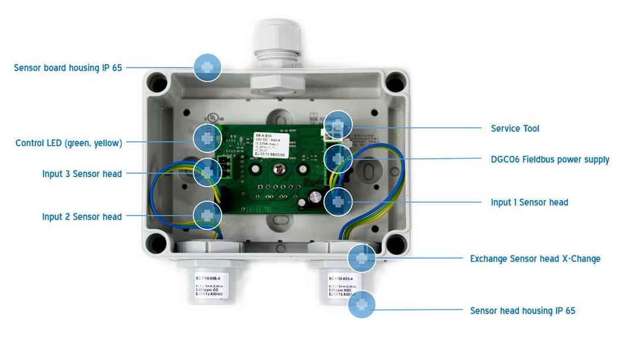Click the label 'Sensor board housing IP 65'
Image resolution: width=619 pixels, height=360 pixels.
(68, 68)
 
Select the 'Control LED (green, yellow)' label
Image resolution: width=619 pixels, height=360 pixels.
(69, 143)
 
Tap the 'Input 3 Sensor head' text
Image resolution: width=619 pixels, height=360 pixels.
(82, 174)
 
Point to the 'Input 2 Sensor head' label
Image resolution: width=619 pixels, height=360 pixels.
(82, 216)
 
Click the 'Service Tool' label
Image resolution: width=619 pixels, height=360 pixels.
(515, 128)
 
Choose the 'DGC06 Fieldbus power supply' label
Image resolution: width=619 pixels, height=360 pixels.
(550, 159)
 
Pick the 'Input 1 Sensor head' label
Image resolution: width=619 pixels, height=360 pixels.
(530, 202)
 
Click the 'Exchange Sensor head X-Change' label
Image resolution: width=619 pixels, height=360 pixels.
(535, 259)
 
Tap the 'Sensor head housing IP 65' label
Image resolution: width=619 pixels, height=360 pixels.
(523, 311)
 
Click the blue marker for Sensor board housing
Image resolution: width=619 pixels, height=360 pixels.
(207, 68)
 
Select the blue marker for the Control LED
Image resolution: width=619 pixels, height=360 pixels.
(207, 138)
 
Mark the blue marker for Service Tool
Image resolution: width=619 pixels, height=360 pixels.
(338, 125)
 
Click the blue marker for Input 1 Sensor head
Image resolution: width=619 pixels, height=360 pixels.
(338, 201)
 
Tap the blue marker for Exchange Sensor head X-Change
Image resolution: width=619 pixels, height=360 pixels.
(362, 258)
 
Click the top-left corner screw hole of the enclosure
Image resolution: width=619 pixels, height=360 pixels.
(157, 84)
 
